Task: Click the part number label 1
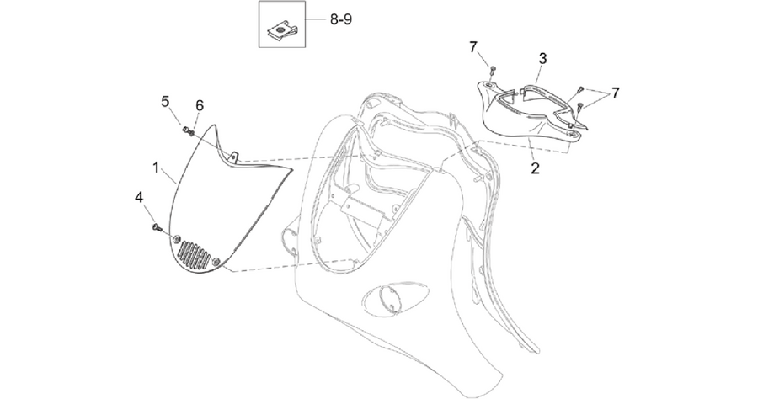click(x=156, y=168)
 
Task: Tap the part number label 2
click(x=535, y=168)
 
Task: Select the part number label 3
click(x=543, y=59)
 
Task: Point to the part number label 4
click(x=139, y=198)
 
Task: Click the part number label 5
click(x=165, y=102)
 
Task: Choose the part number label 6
click(x=199, y=105)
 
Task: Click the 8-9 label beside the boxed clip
click(x=341, y=20)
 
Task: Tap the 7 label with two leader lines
click(x=615, y=93)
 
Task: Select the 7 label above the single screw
click(x=472, y=47)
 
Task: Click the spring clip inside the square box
click(x=282, y=31)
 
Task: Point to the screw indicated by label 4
click(x=157, y=226)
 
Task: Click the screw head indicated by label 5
click(x=185, y=129)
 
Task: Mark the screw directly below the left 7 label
click(x=492, y=69)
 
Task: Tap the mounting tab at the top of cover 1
click(x=234, y=157)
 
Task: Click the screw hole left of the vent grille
click(x=177, y=238)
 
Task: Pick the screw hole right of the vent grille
click(x=216, y=261)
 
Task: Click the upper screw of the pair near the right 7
click(x=580, y=90)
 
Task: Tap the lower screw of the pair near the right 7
click(x=579, y=106)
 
